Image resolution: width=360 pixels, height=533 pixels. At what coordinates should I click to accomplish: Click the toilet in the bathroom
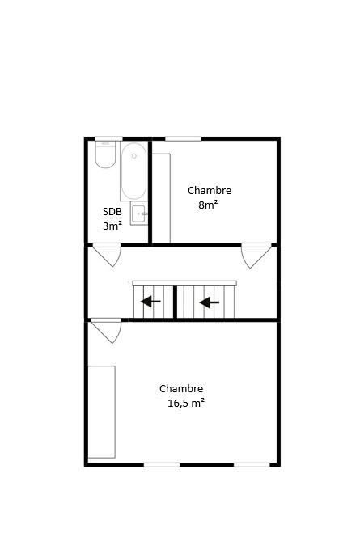(105, 154)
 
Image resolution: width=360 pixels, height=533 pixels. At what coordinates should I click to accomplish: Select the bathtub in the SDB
(134, 171)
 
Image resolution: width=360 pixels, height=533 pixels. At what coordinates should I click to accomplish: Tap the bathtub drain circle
(134, 156)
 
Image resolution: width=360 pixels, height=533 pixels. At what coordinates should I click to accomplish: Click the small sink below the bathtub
(139, 214)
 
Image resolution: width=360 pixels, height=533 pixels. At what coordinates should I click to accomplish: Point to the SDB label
(112, 212)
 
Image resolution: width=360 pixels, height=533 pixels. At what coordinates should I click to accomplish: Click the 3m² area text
(112, 226)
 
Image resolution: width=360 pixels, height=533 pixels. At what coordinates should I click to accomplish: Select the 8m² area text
(208, 205)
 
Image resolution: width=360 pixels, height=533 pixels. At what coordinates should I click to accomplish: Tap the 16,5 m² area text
(186, 403)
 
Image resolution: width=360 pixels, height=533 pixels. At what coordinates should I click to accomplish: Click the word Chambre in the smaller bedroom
(210, 190)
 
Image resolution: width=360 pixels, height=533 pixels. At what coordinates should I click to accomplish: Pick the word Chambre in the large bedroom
(181, 388)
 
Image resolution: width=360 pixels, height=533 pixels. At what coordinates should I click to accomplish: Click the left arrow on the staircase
(150, 301)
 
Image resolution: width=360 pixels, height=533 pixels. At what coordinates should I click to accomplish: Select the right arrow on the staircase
(210, 302)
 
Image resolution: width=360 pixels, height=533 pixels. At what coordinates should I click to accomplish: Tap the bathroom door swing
(108, 254)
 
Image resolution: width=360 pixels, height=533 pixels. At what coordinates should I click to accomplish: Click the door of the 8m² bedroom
(256, 256)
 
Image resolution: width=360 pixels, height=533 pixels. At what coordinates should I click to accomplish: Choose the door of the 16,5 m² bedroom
(107, 331)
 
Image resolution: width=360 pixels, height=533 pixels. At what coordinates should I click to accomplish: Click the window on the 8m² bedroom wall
(183, 138)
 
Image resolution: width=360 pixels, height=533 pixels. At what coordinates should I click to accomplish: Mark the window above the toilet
(108, 138)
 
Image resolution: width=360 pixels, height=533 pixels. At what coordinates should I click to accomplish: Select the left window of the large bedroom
(162, 465)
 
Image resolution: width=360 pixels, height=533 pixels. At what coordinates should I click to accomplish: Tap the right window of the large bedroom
(252, 465)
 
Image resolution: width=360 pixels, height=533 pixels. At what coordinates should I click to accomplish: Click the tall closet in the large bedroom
(102, 412)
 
